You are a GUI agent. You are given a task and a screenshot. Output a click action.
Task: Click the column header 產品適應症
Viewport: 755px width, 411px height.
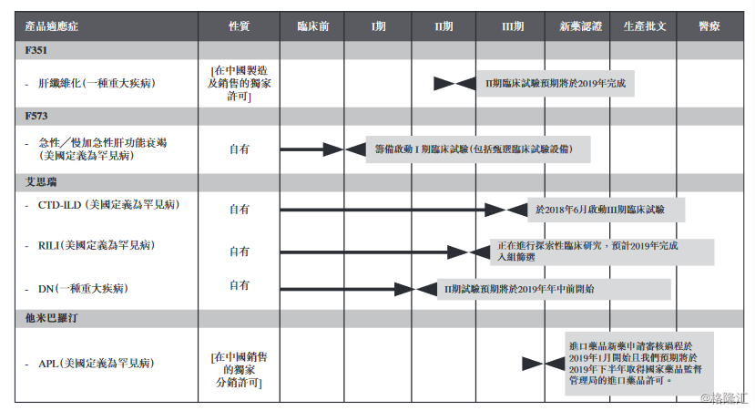pos(52,26)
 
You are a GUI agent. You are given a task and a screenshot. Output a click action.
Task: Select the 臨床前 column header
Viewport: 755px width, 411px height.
pos(313,26)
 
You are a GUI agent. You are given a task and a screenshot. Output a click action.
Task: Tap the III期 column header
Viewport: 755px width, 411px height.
pos(513,26)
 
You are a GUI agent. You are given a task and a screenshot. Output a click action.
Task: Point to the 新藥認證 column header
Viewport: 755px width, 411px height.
pos(580,26)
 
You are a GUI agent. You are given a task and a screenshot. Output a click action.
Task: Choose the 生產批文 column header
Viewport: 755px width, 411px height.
pos(645,26)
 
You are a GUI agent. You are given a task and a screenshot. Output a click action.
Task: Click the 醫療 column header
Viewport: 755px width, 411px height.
pos(709,26)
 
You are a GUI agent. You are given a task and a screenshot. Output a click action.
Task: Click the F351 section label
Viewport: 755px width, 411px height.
pos(36,50)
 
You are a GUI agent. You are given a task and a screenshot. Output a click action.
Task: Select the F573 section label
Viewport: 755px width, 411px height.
pos(36,116)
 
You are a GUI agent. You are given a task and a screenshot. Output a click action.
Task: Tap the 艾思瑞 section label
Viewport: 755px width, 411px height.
pos(41,182)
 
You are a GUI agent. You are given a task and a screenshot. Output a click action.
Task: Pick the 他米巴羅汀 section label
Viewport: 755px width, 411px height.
pos(52,318)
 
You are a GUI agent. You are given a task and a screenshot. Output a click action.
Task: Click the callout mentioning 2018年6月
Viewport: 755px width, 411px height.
pos(607,210)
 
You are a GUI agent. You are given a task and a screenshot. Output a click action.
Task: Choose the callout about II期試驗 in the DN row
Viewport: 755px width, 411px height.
pos(554,289)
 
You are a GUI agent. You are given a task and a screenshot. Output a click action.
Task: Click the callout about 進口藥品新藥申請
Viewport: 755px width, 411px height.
pos(638,364)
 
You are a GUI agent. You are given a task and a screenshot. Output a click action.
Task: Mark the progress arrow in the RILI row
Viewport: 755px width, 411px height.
pos(373,252)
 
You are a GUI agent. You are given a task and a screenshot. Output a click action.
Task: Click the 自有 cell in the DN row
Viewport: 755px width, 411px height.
pos(240,285)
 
